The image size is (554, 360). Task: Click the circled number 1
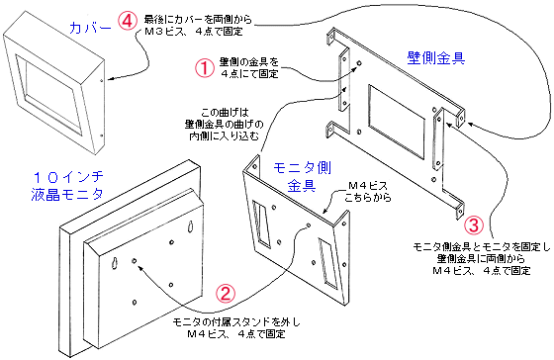tap(205, 67)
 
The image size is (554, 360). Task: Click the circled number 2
tap(226, 293)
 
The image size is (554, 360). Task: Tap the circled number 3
tap(473, 225)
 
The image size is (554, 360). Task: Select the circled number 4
tap(128, 21)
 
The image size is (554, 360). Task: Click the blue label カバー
tap(90, 28)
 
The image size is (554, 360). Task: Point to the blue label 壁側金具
tap(436, 57)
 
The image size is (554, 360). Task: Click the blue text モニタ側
tap(302, 168)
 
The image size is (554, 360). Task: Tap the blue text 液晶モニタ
tap(67, 194)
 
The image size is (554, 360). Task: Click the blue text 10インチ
tap(68, 176)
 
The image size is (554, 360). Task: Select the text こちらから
tap(368, 198)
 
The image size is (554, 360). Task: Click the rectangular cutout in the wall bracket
tap(396, 121)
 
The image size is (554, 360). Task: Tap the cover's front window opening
tap(49, 94)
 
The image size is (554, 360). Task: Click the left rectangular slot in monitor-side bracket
tap(262, 223)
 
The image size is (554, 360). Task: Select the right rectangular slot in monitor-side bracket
tap(328, 262)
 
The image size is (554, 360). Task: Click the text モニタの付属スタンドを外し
tap(236, 322)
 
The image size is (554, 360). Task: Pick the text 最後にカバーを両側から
tap(198, 19)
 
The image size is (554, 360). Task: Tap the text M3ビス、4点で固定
tap(194, 32)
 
